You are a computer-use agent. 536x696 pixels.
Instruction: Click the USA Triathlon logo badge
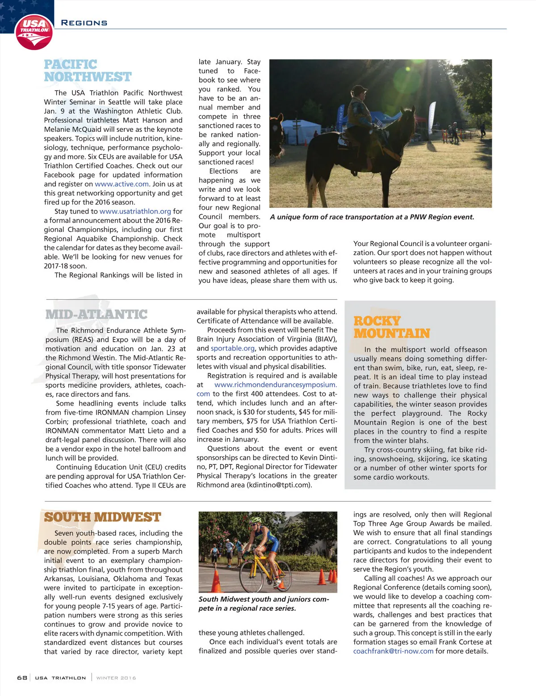tap(34, 32)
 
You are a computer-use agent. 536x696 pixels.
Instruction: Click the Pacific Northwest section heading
tap(88, 71)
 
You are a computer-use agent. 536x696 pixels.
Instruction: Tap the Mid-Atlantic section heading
tap(96, 314)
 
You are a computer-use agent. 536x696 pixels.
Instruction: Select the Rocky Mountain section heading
tap(391, 327)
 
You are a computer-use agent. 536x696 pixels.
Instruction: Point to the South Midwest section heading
tap(102, 517)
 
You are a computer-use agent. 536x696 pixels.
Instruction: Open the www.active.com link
tap(122, 184)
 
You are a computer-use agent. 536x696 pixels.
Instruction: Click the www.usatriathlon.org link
tap(135, 211)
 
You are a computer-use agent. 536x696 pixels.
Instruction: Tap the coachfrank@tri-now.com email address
tap(393, 651)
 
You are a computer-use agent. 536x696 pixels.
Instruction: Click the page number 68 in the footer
tap(22, 678)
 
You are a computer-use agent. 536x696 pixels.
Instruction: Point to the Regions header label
tap(84, 23)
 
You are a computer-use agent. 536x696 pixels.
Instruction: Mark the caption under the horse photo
tap(372, 217)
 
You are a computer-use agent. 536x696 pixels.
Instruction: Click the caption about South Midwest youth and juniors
tap(264, 604)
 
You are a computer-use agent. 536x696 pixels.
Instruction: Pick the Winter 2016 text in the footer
tap(116, 678)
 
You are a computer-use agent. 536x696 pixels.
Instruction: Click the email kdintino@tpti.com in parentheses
tap(279, 485)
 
